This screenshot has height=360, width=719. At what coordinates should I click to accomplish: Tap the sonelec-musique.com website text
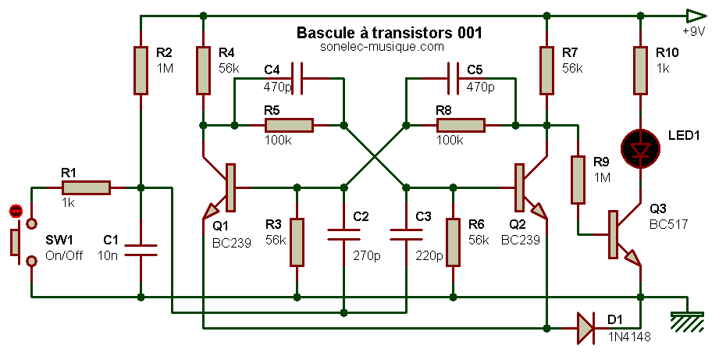(x=382, y=47)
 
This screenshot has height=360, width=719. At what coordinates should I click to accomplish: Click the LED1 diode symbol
(x=640, y=148)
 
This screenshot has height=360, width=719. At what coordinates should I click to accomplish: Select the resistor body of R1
(x=86, y=187)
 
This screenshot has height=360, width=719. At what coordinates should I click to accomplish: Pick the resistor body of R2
(x=141, y=70)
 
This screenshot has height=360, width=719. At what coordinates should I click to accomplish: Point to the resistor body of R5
(x=289, y=125)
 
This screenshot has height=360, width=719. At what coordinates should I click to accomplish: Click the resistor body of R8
(x=461, y=125)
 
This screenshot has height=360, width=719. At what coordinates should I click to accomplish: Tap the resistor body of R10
(x=640, y=70)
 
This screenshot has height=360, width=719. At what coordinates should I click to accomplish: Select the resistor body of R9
(x=578, y=180)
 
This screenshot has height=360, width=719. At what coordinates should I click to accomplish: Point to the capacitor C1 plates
(x=141, y=250)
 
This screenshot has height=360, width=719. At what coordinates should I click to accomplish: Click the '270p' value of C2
(x=366, y=255)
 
